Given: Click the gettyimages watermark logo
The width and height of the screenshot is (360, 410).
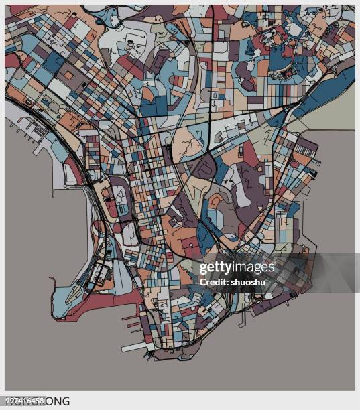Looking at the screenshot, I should pos(237,268).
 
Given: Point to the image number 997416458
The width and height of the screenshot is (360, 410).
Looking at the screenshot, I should pos(23,400).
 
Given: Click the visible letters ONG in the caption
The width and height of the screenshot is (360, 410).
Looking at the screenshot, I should pos(58,401).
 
